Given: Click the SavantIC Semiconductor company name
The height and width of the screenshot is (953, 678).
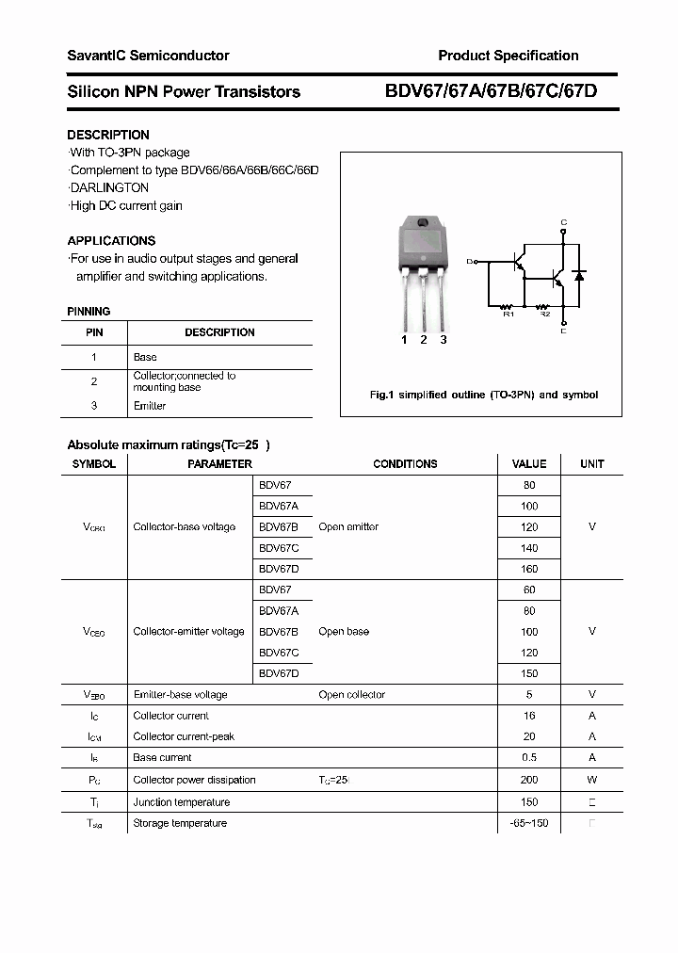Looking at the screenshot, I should (x=148, y=56).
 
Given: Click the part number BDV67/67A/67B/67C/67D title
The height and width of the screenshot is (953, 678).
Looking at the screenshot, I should (x=491, y=91).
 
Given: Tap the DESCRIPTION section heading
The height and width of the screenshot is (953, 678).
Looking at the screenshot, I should (x=108, y=135).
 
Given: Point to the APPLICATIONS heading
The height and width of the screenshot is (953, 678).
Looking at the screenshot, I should (x=111, y=240).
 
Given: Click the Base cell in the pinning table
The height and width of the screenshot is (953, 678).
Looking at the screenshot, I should (x=145, y=357).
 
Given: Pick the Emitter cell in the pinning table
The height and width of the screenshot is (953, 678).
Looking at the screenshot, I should (x=150, y=406).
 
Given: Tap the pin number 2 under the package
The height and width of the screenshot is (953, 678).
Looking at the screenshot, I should (x=424, y=340).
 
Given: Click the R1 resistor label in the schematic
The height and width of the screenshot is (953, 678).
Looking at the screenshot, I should (x=508, y=315).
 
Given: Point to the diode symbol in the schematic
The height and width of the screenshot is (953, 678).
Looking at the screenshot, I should (x=579, y=275).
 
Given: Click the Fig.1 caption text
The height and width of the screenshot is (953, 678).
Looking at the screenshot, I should (x=483, y=395).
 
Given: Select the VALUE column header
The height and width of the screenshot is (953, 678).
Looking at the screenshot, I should (x=528, y=463).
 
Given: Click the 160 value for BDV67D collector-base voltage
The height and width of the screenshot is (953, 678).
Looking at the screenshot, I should (x=528, y=569).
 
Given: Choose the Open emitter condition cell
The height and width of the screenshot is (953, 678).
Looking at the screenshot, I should (x=348, y=526).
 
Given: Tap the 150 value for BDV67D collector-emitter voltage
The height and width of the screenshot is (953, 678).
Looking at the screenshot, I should (x=528, y=673).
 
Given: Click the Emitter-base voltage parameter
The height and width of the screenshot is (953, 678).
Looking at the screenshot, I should (x=180, y=694).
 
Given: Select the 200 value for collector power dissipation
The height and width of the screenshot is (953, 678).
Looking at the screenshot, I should (x=528, y=780).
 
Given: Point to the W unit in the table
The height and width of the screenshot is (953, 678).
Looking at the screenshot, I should (x=591, y=780).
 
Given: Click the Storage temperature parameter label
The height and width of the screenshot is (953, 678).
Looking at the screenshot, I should (x=180, y=823).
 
